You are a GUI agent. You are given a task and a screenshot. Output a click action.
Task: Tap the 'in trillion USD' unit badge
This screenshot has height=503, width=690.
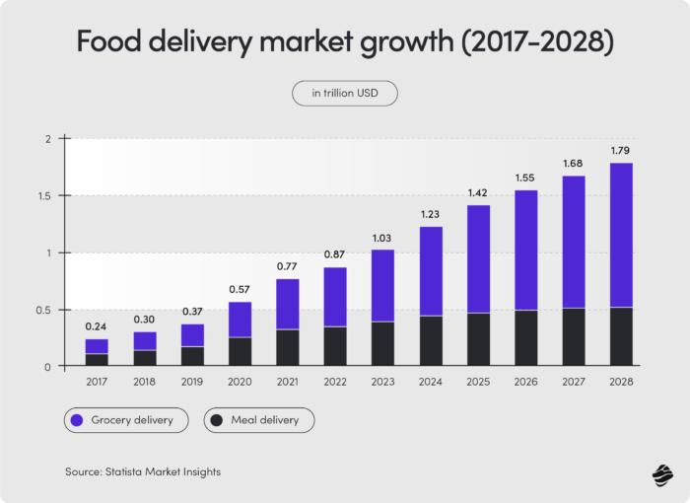[x=344, y=94]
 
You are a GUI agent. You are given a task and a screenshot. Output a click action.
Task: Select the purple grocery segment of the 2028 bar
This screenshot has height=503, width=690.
[x=621, y=235]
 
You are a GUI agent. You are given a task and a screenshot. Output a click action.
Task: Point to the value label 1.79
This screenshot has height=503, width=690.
[x=621, y=151]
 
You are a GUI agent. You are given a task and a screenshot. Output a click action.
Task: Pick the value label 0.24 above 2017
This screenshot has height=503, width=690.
[x=97, y=327]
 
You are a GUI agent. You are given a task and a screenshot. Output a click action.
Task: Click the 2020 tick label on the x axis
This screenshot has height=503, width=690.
[x=240, y=382]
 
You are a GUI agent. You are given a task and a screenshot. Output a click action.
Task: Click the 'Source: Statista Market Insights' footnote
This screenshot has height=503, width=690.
[x=143, y=472]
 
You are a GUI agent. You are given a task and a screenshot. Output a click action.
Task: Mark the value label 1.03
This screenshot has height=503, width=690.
[x=382, y=238]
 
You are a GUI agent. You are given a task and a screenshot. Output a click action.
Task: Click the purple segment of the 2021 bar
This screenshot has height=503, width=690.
[x=287, y=304]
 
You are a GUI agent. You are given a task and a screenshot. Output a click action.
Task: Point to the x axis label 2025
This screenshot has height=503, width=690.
[x=478, y=382]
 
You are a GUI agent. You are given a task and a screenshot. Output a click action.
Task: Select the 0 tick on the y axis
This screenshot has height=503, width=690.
[x=45, y=367]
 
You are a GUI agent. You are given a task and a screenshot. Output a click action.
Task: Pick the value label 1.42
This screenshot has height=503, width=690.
[x=478, y=193]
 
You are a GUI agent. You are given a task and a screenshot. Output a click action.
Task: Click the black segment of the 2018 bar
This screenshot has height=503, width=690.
[x=144, y=358]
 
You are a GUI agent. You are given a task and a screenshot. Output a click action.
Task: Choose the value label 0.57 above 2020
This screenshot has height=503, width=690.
[x=240, y=290]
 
